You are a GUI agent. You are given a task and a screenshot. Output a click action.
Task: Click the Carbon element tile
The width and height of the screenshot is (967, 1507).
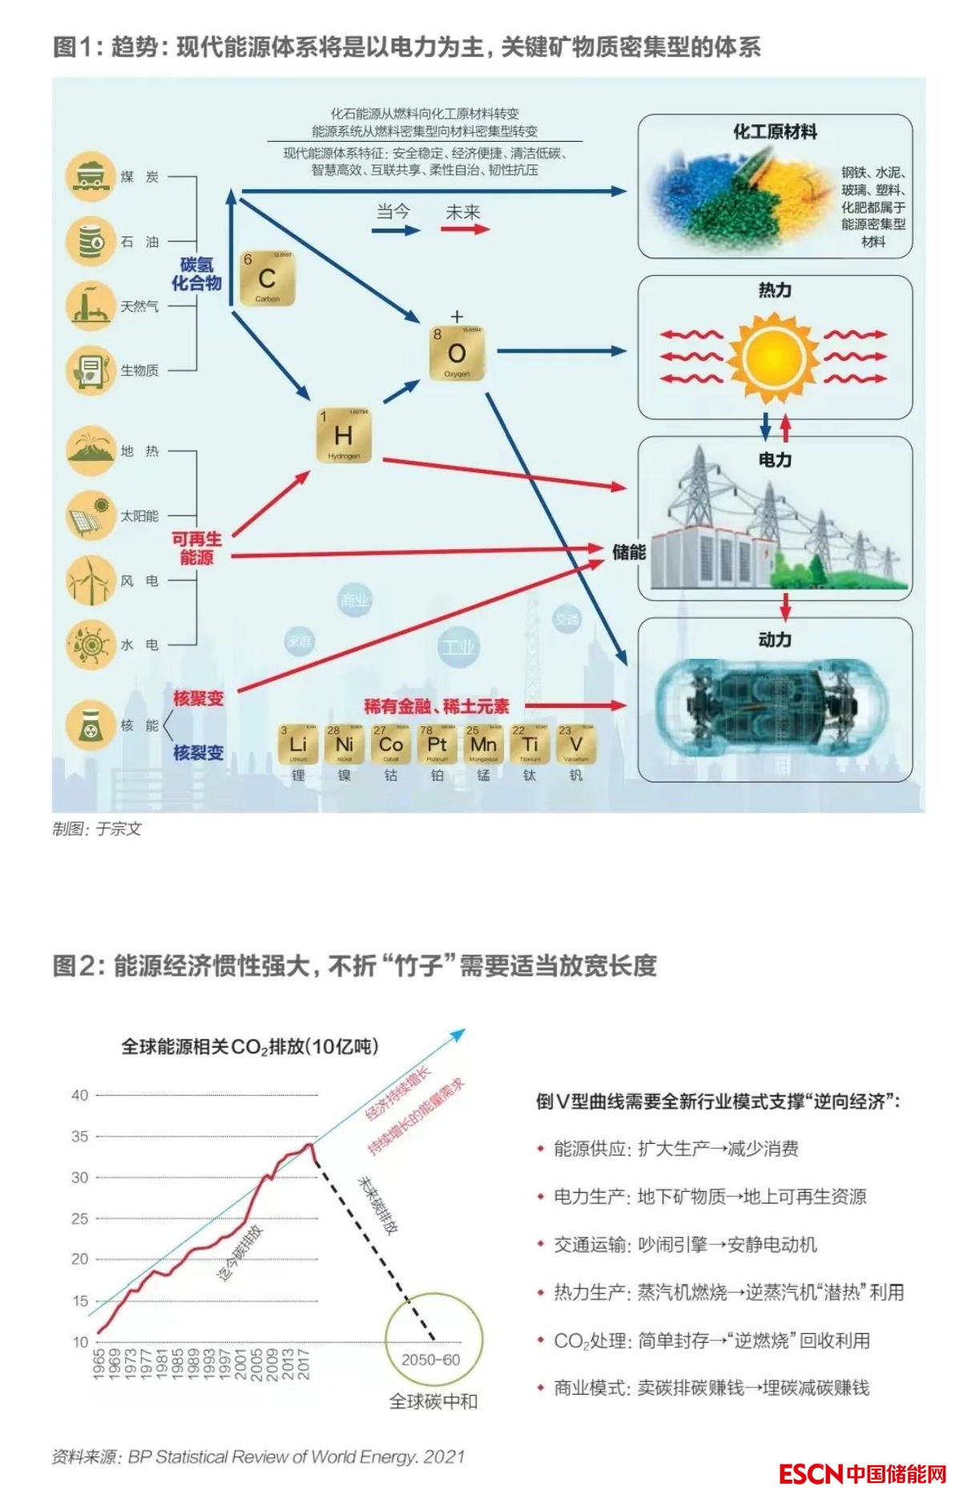tap(268, 278)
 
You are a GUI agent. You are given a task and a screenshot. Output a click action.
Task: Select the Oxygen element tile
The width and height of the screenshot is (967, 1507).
tap(457, 354)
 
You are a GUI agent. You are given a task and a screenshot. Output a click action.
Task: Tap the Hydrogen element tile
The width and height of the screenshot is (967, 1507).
tap(344, 435)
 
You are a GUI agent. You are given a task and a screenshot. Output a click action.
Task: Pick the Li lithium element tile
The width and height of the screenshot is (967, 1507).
tap(298, 745)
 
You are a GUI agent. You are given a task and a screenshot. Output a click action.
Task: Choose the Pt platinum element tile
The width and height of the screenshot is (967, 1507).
tap(437, 745)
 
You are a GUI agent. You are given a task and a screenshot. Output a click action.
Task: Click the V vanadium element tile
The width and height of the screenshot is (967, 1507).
tap(576, 745)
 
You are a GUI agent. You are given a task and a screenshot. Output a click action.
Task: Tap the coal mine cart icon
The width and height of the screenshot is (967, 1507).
tap(91, 176)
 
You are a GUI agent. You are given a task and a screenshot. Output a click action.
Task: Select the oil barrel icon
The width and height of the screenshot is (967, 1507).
tap(91, 240)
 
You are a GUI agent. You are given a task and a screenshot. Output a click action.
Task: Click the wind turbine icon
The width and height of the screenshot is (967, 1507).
tap(91, 580)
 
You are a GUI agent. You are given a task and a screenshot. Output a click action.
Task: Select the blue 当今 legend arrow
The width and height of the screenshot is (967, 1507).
tap(396, 230)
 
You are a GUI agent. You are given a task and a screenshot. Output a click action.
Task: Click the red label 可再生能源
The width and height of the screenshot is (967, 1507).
tap(196, 548)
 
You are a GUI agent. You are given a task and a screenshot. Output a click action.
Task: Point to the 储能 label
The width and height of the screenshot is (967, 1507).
tap(628, 551)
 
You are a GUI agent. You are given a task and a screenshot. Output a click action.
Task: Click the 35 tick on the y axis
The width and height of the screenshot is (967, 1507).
tap(80, 1136)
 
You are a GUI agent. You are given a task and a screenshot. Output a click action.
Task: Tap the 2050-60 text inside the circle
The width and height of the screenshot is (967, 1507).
tap(431, 1360)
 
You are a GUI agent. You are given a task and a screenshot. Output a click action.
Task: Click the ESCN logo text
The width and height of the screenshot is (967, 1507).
tap(811, 1474)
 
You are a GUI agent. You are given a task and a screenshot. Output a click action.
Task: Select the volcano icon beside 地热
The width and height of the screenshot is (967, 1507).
tap(91, 450)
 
